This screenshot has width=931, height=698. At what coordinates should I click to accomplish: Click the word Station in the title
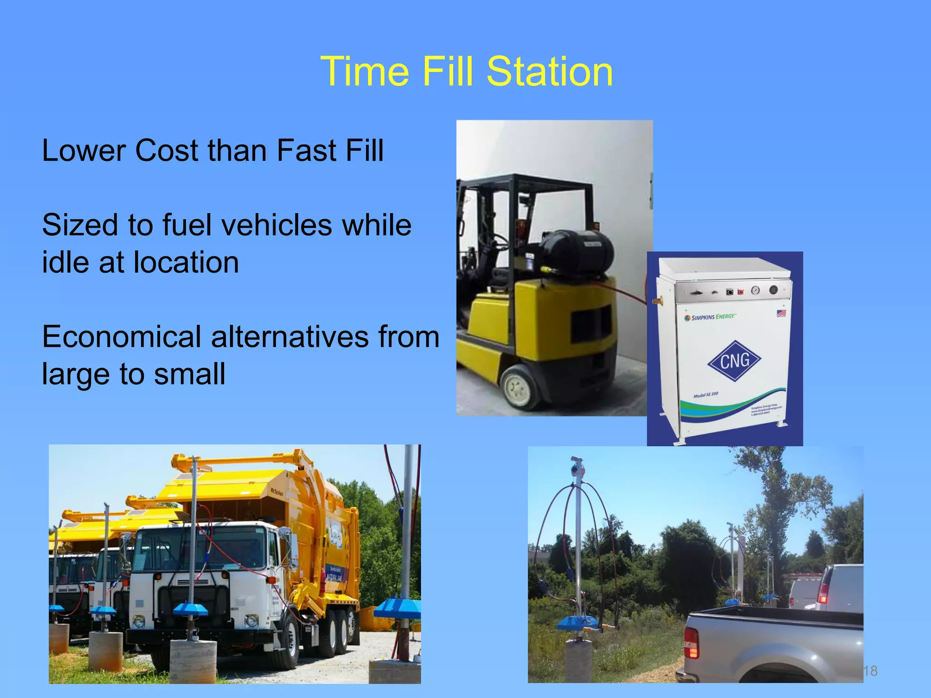click(x=550, y=72)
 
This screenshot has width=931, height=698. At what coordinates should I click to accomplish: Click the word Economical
click(x=121, y=337)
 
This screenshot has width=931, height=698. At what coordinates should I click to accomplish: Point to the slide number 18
click(x=870, y=671)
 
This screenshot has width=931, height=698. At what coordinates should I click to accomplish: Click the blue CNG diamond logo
click(x=734, y=361)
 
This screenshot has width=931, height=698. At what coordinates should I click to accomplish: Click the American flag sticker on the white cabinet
click(x=781, y=313)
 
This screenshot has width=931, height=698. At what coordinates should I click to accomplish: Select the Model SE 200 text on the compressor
click(x=706, y=395)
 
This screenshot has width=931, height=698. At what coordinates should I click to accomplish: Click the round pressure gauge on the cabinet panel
click(x=755, y=290)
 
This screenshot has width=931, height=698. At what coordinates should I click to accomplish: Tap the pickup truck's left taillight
click(x=691, y=643)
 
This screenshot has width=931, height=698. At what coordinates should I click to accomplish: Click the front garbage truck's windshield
click(x=200, y=548)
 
